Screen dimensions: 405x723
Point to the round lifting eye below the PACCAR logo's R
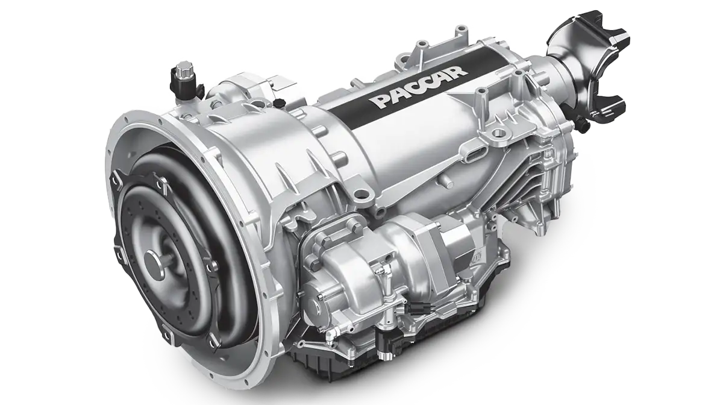[498, 132]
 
